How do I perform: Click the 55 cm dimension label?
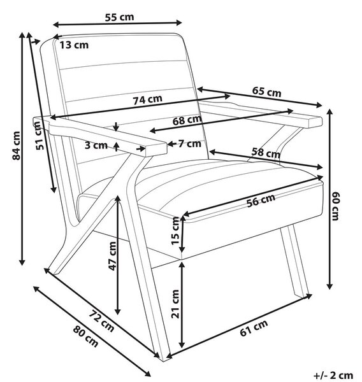tap(120, 17)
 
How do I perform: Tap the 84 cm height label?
tap(17, 146)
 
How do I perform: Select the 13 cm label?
tap(74, 45)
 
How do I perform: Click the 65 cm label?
tap(266, 92)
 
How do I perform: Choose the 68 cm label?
tap(187, 120)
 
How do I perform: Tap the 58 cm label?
tap(266, 153)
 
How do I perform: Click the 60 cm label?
tap(336, 206)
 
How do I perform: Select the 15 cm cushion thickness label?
tap(175, 230)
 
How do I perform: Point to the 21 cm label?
tap(175, 304)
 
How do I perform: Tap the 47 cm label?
tap(112, 256)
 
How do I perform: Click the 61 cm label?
tap(254, 328)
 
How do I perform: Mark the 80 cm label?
tap(86, 336)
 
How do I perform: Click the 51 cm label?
tap(38, 136)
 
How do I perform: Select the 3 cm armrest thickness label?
tap(96, 145)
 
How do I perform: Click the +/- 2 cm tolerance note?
tap(333, 375)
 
